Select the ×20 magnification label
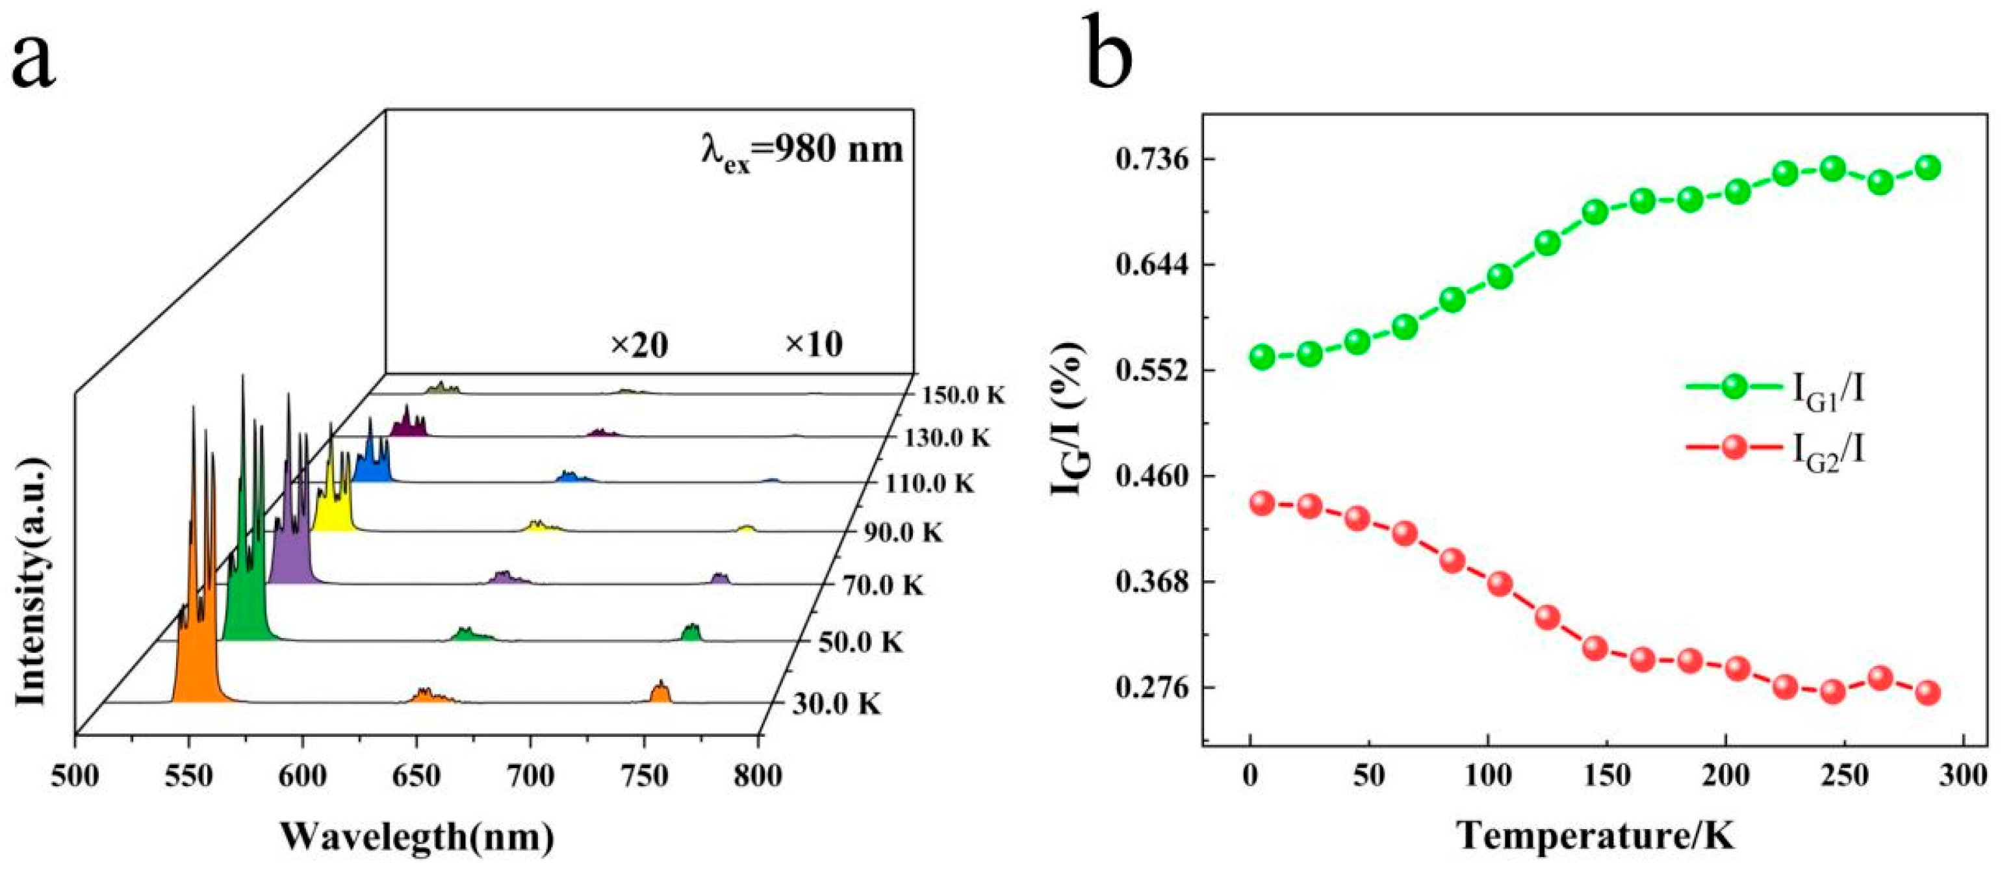pyautogui.click(x=639, y=345)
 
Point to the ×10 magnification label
pyautogui.click(x=813, y=344)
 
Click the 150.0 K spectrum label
pyautogui.click(x=962, y=395)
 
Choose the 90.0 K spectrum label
pyautogui.click(x=903, y=533)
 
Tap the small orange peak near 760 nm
pyautogui.click(x=660, y=692)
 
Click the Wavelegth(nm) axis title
pyautogui.click(x=417, y=836)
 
